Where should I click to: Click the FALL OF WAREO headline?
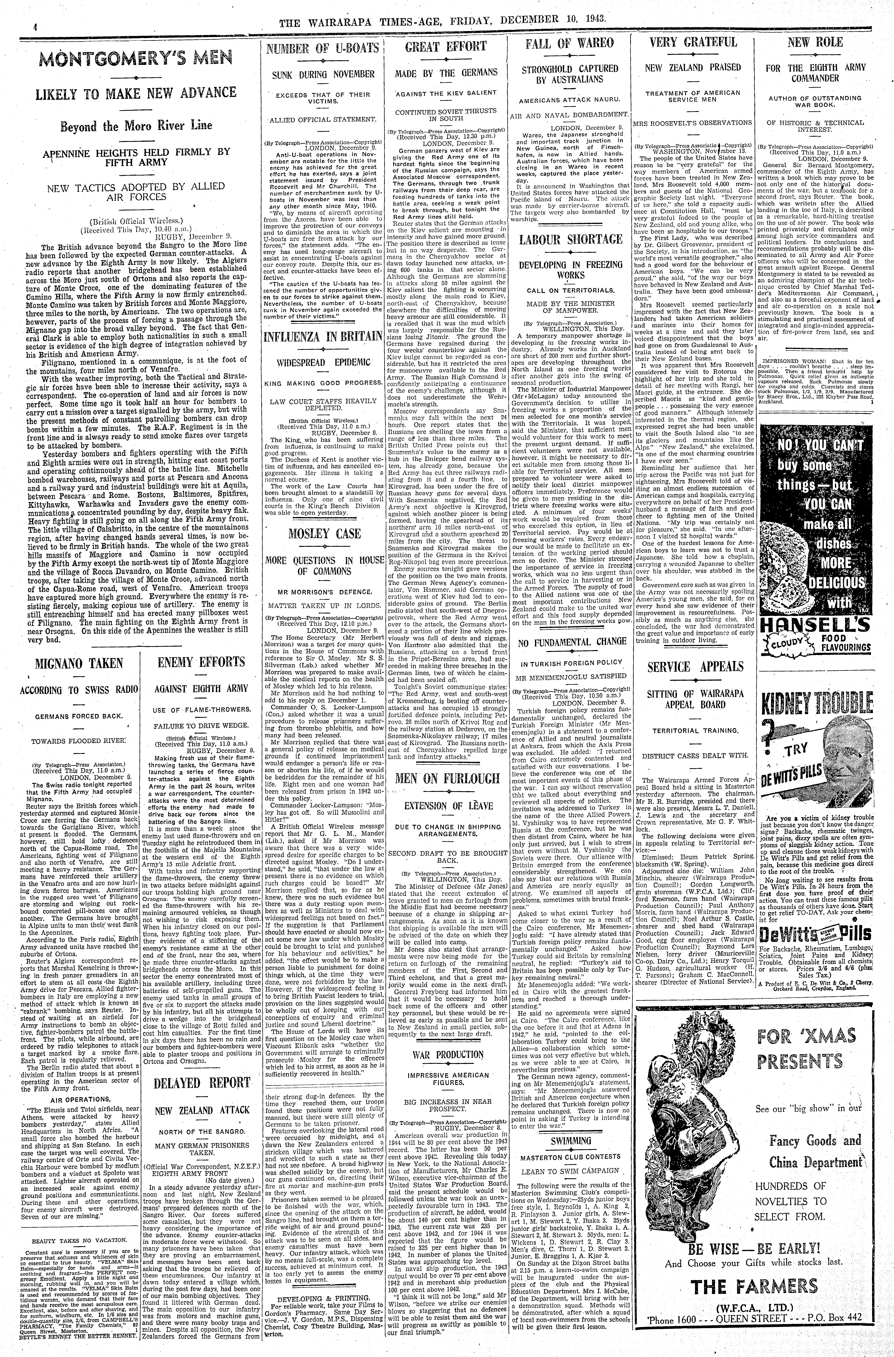coord(569,43)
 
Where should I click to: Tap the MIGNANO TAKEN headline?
coord(79,663)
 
